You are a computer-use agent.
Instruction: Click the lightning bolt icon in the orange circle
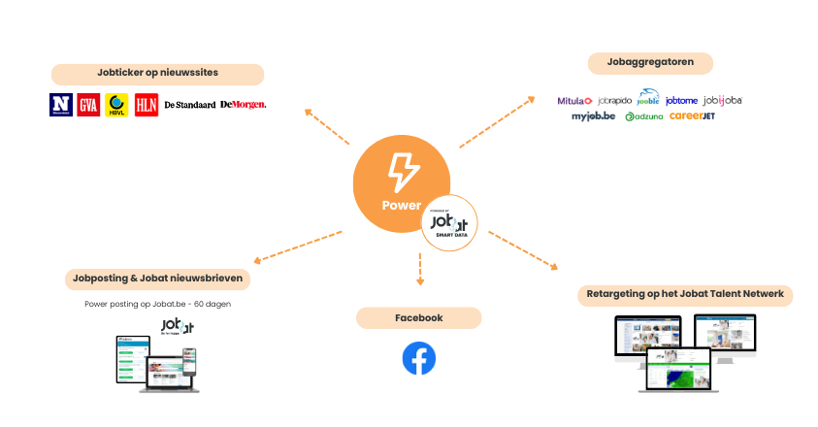coord(402,174)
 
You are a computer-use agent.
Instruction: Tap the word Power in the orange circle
coord(401,205)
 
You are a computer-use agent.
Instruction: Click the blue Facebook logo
coord(419,358)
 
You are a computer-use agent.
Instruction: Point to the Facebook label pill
coord(419,317)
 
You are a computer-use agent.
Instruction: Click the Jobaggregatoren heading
coord(650,64)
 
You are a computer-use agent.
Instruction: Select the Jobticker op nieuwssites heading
coord(157,74)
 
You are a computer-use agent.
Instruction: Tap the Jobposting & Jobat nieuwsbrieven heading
coord(157,279)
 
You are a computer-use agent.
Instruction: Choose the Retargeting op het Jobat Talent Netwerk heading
coord(684,294)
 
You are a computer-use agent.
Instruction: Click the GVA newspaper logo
coord(90,104)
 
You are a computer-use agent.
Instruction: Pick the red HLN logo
coord(147,104)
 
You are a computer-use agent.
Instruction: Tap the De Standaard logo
coord(189,104)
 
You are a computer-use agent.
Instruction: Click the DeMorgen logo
coord(243,104)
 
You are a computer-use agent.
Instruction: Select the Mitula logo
coord(574,100)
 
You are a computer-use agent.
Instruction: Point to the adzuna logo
coord(643,116)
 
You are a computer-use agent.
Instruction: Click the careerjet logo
coord(692,116)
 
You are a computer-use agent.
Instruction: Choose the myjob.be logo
coord(594,116)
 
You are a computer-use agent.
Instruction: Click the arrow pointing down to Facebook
coord(420,269)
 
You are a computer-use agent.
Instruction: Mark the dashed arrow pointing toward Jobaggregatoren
coord(496,122)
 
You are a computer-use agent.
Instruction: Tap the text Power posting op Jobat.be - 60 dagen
coord(157,304)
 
